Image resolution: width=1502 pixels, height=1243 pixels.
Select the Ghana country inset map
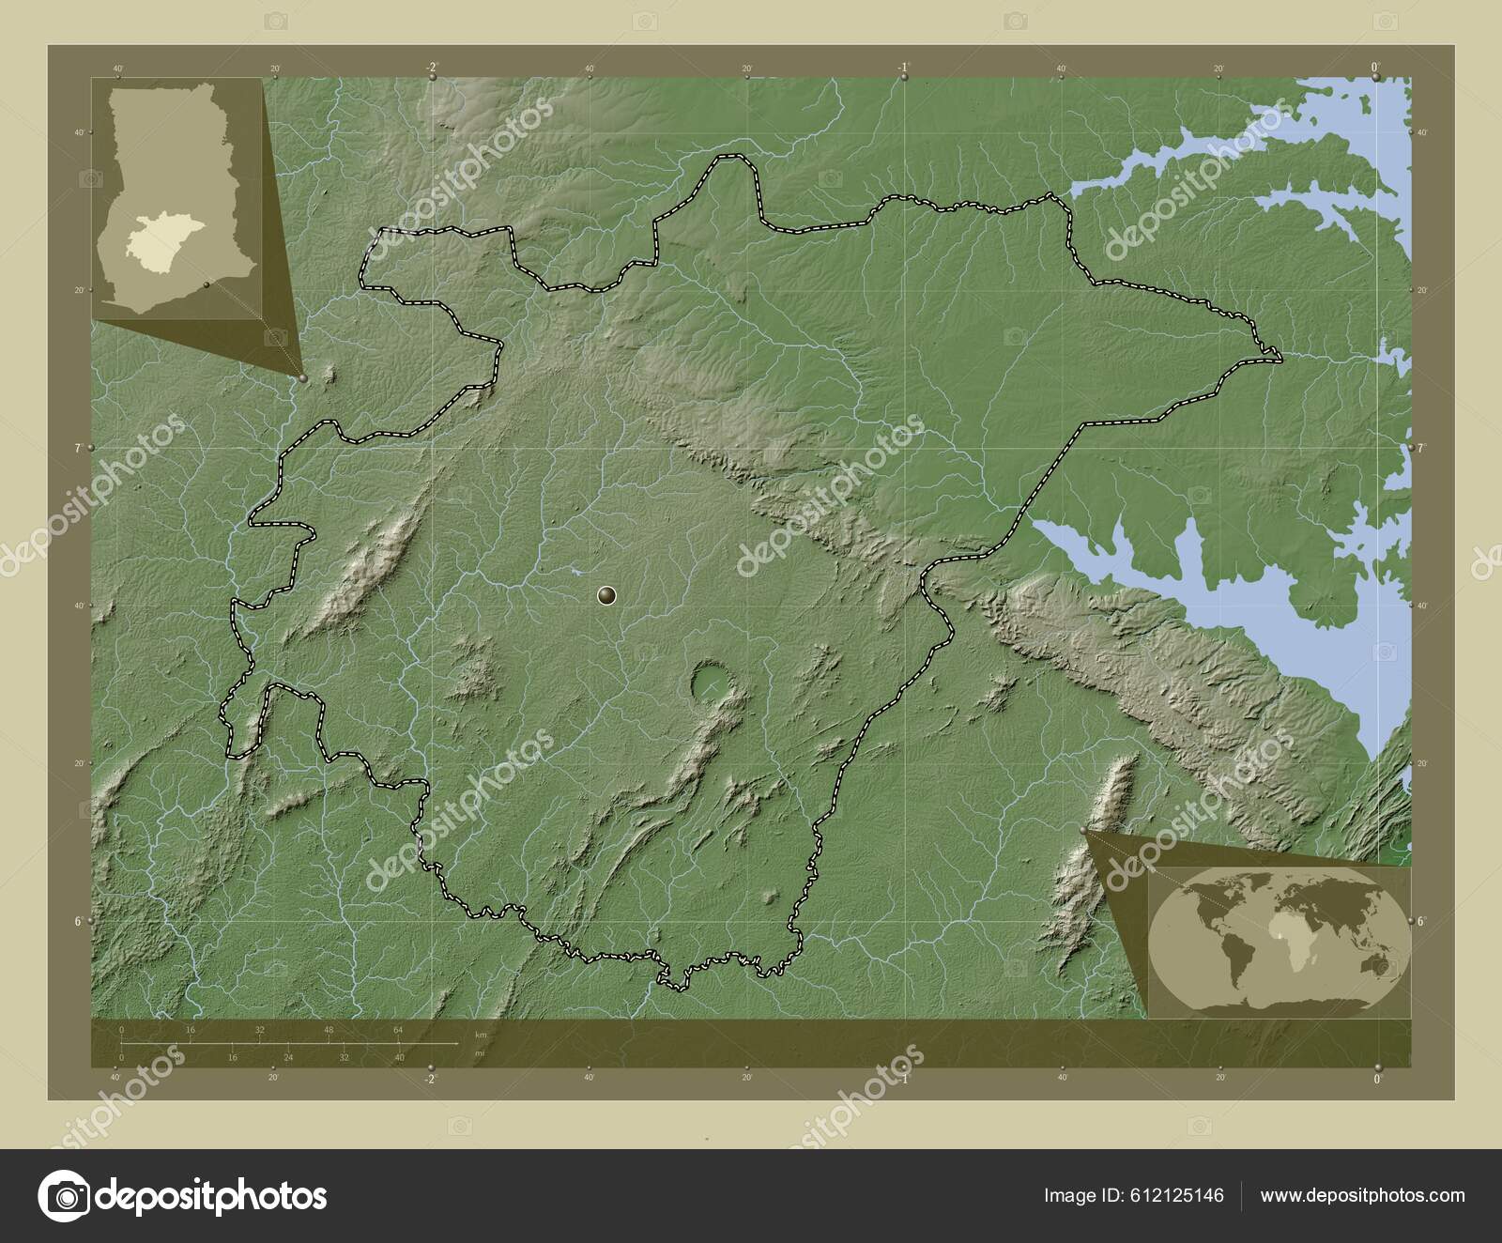click(x=177, y=198)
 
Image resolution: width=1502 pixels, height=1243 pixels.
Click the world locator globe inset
click(x=1280, y=942)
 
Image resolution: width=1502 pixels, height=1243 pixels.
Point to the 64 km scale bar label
click(x=398, y=1030)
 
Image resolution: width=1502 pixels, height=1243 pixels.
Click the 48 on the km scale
click(x=329, y=1030)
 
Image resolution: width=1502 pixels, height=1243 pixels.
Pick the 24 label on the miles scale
click(x=287, y=1057)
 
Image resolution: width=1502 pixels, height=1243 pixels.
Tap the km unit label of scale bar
click(x=481, y=1034)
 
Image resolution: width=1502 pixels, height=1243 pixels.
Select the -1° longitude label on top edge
click(x=902, y=67)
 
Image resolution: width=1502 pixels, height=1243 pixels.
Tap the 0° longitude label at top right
click(x=1375, y=67)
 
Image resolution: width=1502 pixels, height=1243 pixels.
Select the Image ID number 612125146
click(x=1180, y=1195)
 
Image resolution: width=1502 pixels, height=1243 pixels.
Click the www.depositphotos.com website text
click(x=1362, y=1195)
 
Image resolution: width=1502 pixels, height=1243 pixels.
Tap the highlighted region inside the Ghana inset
click(x=161, y=239)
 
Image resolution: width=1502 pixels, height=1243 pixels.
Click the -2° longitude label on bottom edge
click(x=430, y=1080)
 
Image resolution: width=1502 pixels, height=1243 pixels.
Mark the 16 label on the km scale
click(x=190, y=1030)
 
